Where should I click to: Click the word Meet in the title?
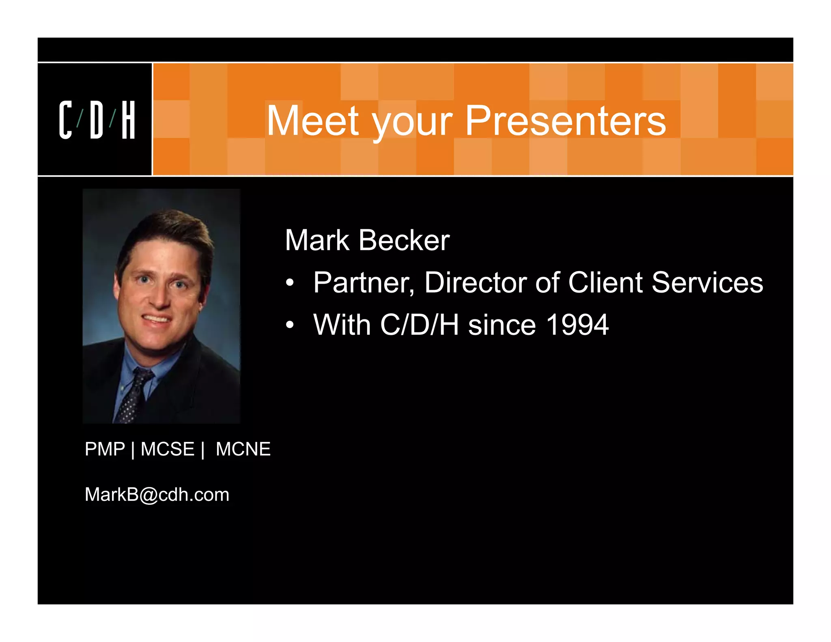312,121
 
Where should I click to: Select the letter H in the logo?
128,120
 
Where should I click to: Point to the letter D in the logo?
97,120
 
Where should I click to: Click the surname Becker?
404,240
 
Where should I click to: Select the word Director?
475,282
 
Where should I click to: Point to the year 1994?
577,325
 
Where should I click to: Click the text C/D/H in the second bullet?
419,325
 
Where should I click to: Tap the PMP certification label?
105,449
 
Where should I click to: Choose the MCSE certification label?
167,449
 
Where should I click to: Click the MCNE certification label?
243,449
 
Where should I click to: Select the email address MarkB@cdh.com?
157,495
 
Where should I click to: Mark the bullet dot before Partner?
289,283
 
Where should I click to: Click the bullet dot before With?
289,325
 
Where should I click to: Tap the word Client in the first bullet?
605,282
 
